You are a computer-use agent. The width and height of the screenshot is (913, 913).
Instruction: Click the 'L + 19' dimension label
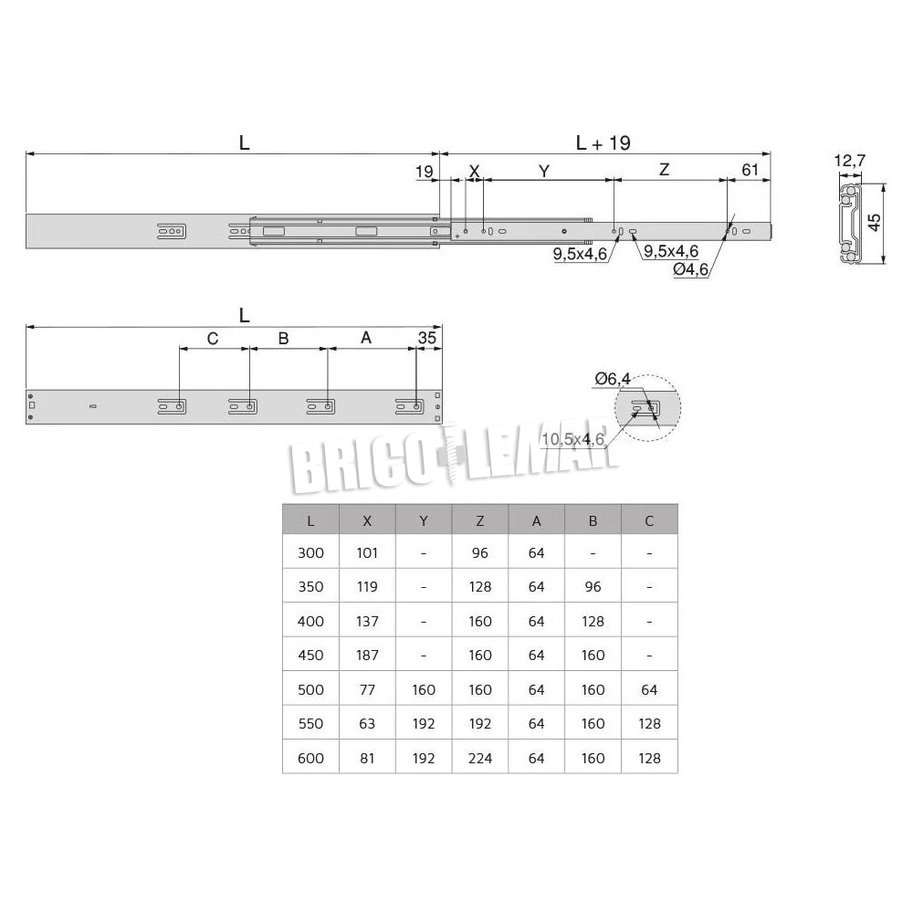[603, 142]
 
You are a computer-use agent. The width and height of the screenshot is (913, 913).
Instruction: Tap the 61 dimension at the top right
[750, 170]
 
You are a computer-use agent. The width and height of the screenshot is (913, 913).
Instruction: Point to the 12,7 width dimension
[849, 160]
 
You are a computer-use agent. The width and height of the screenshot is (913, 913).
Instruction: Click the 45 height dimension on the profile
[874, 222]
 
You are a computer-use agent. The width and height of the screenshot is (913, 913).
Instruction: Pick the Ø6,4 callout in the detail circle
[613, 379]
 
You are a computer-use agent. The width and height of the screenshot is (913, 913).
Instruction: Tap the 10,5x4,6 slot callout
[573, 439]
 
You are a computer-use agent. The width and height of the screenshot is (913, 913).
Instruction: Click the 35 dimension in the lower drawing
[426, 338]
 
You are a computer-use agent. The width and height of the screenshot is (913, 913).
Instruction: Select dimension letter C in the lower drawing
[213, 339]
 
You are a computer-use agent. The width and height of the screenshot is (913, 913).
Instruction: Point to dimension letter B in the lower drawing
[284, 339]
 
